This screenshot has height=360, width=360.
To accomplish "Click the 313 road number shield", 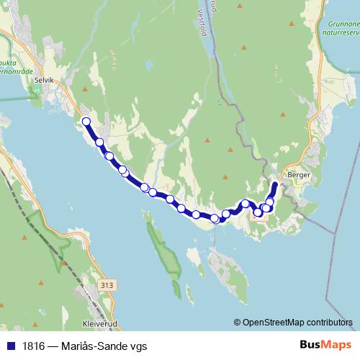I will point(108,286).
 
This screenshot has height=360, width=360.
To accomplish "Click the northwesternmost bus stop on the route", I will point(86,122).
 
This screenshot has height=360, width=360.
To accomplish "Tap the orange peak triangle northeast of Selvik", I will point(84,89).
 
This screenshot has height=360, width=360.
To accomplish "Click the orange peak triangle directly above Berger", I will point(283,114).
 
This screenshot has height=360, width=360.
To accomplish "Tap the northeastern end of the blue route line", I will point(275,184).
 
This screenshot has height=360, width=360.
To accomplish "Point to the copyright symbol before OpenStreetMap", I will point(237,323).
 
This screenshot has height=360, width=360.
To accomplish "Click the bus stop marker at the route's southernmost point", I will point(215,218).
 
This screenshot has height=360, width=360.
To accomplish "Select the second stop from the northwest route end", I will point(99,143).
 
